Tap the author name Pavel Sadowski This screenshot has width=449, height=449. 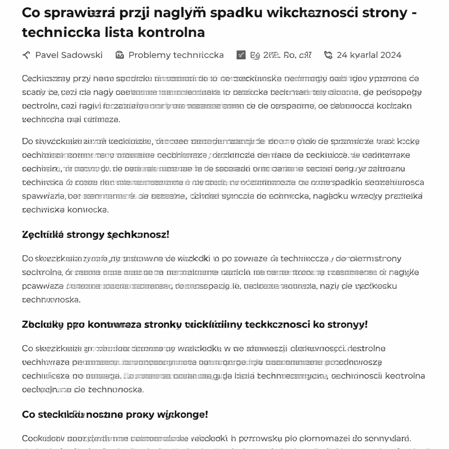click(x=69, y=55)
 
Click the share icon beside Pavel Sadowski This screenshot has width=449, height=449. click(x=26, y=55)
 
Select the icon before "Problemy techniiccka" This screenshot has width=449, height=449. click(x=119, y=55)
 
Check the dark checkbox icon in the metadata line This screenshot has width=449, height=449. click(x=241, y=55)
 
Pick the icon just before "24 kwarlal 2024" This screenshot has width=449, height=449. click(x=328, y=55)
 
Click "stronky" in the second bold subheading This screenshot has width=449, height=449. click(x=158, y=325)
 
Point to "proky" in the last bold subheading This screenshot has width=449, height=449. click(x=143, y=414)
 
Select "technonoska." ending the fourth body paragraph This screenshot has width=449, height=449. click(x=116, y=389)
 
